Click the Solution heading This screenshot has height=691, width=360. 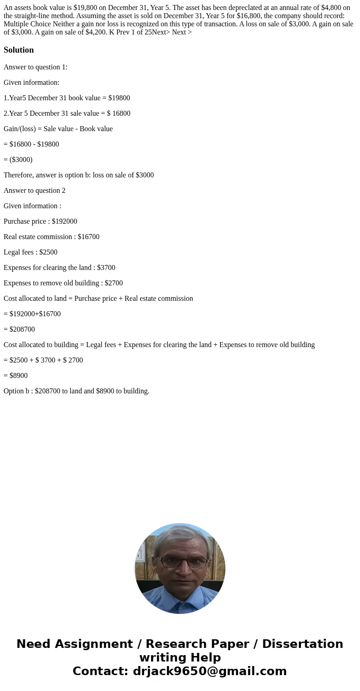[19, 50]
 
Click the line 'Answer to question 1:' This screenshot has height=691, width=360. [35, 67]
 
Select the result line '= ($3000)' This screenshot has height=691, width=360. [18, 160]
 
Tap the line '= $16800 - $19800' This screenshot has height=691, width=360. [31, 144]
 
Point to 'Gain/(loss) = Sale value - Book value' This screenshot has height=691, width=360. [58, 129]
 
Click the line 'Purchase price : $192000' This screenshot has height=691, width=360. [40, 221]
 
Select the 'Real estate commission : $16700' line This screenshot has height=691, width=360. [51, 237]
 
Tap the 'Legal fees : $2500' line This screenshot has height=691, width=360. [30, 252]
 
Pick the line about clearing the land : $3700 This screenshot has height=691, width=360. [59, 268]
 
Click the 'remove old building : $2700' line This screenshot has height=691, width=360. [63, 283]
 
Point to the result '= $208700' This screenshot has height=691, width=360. [19, 329]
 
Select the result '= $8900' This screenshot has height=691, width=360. [16, 376]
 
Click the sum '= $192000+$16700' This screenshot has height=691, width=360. [32, 314]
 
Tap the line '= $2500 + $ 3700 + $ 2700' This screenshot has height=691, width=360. [43, 360]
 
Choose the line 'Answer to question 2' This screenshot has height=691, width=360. [34, 191]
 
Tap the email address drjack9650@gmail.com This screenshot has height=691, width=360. [209, 671]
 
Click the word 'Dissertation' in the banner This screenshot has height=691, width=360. [302, 644]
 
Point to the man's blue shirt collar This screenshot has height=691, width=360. [180, 598]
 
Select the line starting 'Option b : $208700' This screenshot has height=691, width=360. [77, 391]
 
